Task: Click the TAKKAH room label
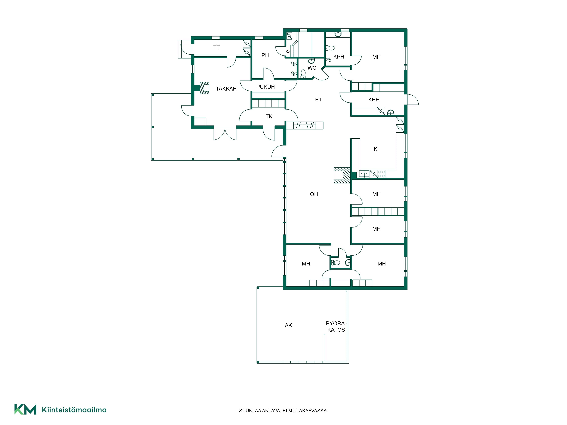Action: [x=226, y=89]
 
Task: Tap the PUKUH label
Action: [x=265, y=87]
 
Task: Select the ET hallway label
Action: [x=318, y=100]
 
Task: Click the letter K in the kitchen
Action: [x=375, y=149]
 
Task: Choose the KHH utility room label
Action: [x=374, y=100]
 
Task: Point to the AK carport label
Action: [x=288, y=325]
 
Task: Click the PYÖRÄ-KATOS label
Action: [x=336, y=327]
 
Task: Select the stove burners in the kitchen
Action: [x=382, y=174]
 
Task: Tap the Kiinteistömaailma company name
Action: [x=74, y=410]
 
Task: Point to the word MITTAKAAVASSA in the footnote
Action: [x=308, y=411]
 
